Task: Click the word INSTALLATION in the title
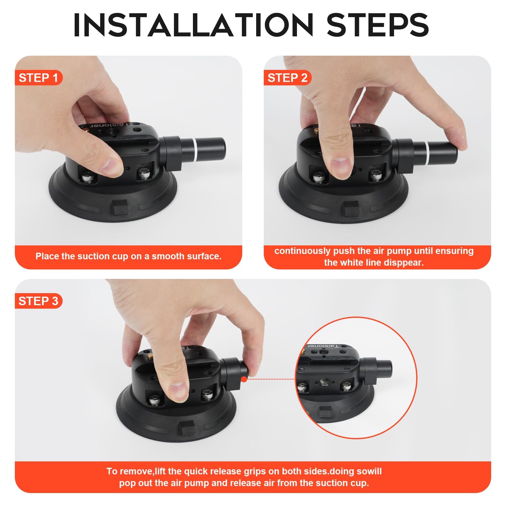pos(193,25)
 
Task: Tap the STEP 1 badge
pos(38,78)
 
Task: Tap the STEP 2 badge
pos(287,78)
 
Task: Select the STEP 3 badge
pos(38,301)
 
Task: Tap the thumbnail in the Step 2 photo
pos(341,168)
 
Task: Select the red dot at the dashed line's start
pos(244,379)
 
